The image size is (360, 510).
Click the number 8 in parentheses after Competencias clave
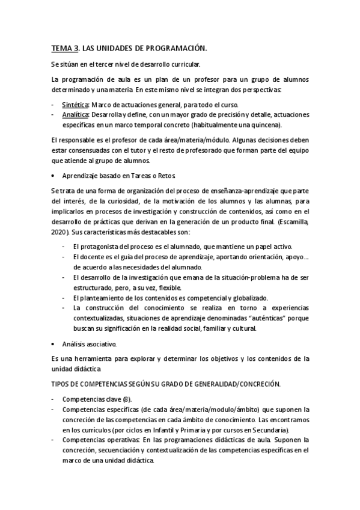click(126, 399)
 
